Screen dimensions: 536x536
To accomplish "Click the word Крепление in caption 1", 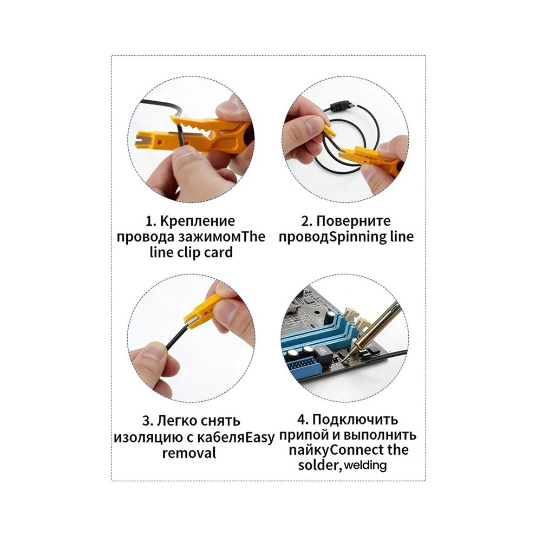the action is (x=197, y=221).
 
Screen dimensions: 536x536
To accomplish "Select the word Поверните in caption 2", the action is (x=354, y=221).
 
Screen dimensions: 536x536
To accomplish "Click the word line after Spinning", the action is (x=402, y=237).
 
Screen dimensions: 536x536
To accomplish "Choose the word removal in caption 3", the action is (x=189, y=453).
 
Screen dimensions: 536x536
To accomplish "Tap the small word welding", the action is (x=365, y=465).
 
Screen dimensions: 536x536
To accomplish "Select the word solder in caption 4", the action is (x=319, y=465).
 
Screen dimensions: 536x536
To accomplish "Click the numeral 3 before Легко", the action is (x=147, y=421).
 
